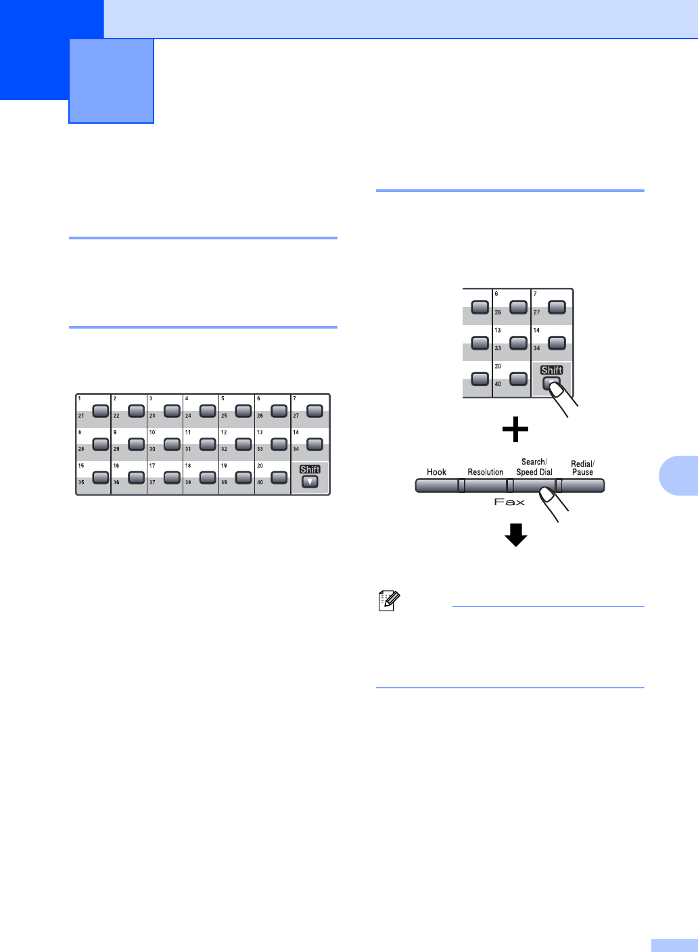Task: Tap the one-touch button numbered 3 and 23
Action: (x=172, y=410)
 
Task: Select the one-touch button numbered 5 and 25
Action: (x=243, y=410)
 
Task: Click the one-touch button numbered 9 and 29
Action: (x=136, y=444)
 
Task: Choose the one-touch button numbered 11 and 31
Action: (x=208, y=444)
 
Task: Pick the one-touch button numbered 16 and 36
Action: (x=136, y=477)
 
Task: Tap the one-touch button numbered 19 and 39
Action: (x=243, y=477)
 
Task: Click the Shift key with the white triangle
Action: (x=310, y=482)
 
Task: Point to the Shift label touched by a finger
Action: (x=552, y=370)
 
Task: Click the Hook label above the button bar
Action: (x=436, y=472)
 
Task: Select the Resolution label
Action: (x=486, y=472)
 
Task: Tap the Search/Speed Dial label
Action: (x=534, y=467)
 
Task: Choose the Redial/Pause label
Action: (x=582, y=468)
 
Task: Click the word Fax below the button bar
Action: (x=509, y=502)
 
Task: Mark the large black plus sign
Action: (x=515, y=429)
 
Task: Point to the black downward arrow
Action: (x=515, y=535)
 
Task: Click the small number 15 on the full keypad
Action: (x=81, y=466)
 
